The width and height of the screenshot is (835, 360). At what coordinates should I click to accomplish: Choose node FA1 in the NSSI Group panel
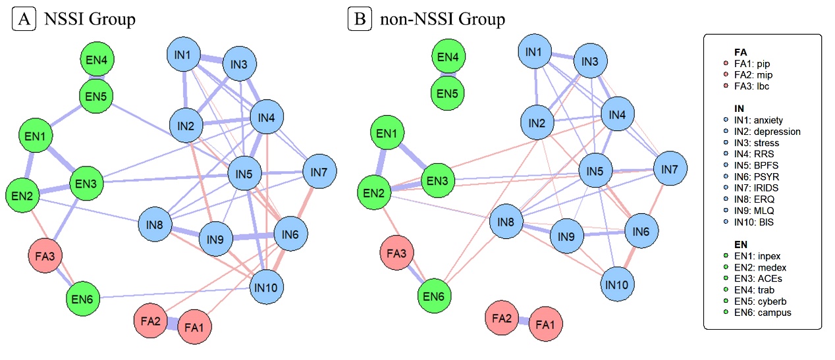pos(194,326)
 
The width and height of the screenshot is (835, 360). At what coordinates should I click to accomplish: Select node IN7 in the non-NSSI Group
pos(670,170)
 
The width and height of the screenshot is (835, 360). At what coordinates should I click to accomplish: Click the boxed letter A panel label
pos(24,20)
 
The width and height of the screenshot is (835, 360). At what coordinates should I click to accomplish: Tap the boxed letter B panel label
pos(360,20)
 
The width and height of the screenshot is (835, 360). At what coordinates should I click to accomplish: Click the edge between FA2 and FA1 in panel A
pos(170,323)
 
